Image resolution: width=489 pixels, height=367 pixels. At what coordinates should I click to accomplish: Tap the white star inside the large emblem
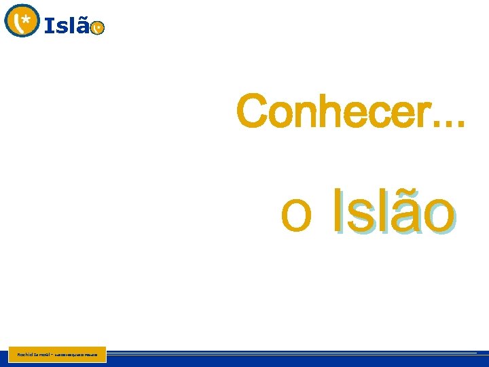(x=26, y=18)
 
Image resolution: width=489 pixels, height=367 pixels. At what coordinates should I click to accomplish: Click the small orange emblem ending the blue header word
(x=98, y=27)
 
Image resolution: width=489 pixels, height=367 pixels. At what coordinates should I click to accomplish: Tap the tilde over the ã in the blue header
(x=83, y=18)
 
